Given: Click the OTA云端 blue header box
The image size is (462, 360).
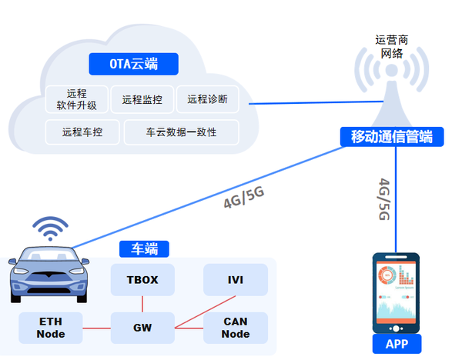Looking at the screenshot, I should tap(133, 64).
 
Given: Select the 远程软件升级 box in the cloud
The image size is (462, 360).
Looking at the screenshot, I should tap(77, 99).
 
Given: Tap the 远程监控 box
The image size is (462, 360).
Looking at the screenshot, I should tap(142, 99).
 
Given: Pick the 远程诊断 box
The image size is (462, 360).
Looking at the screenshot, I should tap(207, 99).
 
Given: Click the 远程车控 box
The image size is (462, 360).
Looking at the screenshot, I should tap(82, 132).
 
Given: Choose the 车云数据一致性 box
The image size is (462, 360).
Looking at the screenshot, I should tap(181, 132).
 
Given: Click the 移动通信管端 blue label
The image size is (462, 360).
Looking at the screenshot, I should tap(391, 137).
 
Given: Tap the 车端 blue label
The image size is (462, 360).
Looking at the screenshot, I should tap(144, 248).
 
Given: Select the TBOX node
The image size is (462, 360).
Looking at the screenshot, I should tap(142, 280).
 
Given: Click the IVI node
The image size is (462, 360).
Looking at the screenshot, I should tap(236, 280).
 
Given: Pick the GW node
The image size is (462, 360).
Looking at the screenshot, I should tap(142, 328).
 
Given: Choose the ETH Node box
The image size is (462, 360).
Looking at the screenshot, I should tap(51, 328).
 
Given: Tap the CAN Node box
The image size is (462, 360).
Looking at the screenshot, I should tap(236, 328).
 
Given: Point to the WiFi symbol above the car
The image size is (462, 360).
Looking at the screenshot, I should tap(49, 228).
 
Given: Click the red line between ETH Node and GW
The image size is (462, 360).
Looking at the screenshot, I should tap(97, 328).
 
